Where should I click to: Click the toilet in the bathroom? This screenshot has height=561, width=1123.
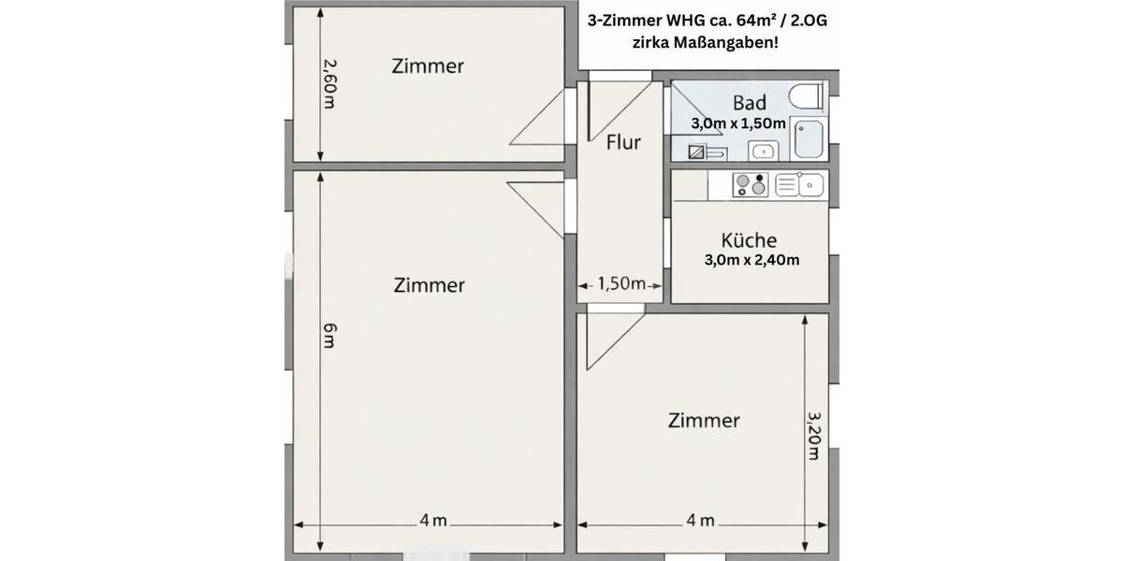806,96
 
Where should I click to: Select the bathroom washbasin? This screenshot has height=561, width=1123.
764,150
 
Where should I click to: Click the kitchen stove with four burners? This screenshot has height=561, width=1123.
751,185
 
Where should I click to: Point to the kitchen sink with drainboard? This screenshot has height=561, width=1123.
798,185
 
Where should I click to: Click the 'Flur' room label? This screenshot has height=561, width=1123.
623,142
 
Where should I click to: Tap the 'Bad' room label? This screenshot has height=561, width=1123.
750,103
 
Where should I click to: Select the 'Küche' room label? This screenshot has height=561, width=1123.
749,239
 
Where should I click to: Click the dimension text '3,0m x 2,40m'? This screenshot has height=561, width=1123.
751,260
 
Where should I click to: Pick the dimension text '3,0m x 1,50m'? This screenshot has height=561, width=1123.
738,122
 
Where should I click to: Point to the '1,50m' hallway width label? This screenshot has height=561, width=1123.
621,284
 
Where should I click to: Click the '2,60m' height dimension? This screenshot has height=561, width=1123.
328,84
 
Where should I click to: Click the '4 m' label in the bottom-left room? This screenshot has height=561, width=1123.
433,521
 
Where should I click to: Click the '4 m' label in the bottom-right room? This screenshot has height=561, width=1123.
701,521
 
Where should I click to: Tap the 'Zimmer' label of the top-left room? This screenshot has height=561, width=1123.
428,66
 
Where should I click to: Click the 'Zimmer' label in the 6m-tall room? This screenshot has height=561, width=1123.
429,284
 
